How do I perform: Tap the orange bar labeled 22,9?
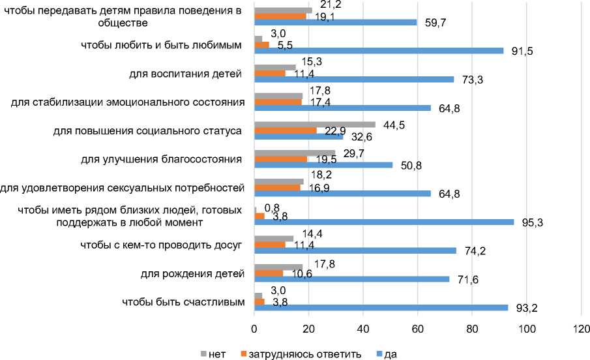(x=285, y=130)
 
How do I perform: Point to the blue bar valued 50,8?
(x=323, y=165)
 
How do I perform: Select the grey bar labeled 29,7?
(x=294, y=153)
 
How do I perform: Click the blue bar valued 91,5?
(x=378, y=50)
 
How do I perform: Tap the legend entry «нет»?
(x=214, y=353)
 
